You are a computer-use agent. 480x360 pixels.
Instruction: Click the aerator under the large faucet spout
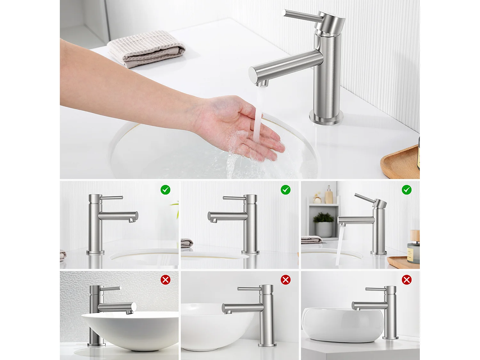click(263, 84)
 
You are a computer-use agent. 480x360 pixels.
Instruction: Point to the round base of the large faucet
click(326, 117)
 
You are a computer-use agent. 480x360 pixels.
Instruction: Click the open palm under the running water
click(243, 128)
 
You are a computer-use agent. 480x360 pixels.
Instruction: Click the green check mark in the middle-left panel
click(165, 190)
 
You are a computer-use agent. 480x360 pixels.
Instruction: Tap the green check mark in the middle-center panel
click(285, 190)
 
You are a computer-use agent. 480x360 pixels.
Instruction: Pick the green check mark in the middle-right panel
click(406, 190)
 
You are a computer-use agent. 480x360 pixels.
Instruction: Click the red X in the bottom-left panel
click(165, 280)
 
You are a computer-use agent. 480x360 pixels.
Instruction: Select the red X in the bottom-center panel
click(285, 280)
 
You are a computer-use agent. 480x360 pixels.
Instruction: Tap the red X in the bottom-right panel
click(406, 280)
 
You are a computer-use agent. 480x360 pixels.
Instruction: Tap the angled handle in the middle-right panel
click(365, 198)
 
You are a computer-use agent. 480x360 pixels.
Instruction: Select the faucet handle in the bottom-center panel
click(249, 289)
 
